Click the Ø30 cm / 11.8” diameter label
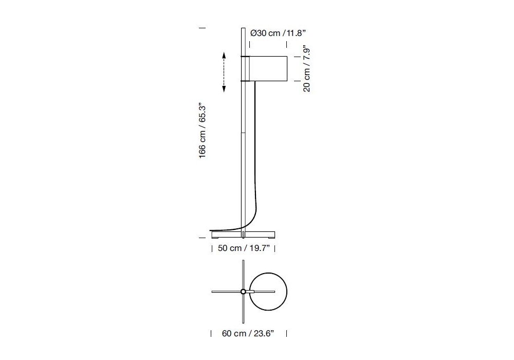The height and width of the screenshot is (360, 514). click(278, 33)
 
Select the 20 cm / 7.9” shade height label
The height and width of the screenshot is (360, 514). click(306, 68)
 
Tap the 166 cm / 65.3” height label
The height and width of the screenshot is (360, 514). click(202, 131)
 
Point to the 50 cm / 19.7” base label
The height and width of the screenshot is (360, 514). click(244, 248)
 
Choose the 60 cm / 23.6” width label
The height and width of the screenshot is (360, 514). click(248, 333)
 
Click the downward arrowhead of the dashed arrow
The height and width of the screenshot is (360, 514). click(224, 89)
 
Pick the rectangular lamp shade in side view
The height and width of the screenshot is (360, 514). click(268, 68)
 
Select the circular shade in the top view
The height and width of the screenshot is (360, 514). click(268, 292)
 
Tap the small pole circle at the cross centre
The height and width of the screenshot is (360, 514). click(243, 292)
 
